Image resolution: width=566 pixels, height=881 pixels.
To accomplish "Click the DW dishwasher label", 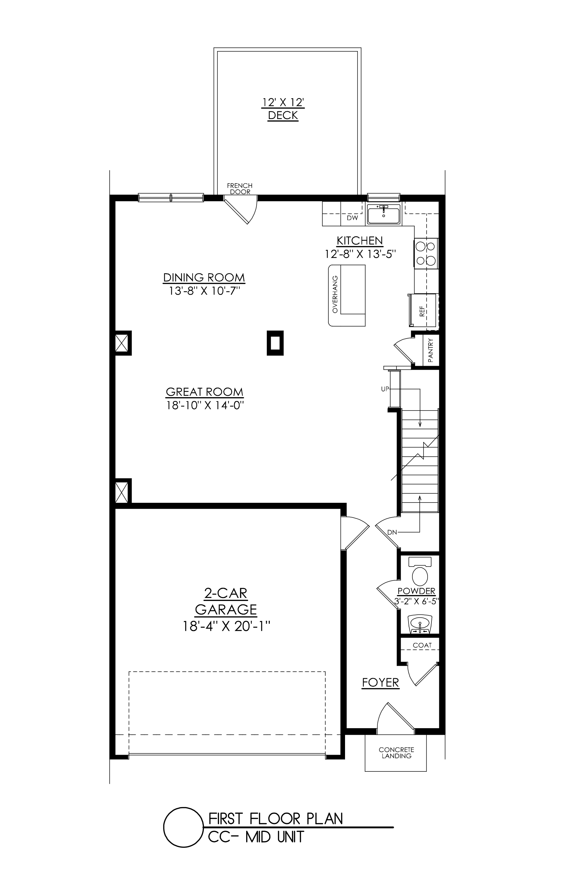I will (352, 218).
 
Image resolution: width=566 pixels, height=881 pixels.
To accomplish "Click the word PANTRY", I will (431, 350).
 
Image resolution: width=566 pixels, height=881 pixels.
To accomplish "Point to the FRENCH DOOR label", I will (240, 189).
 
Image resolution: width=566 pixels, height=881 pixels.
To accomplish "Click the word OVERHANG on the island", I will (335, 294).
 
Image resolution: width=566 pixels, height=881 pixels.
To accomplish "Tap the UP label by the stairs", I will (385, 389).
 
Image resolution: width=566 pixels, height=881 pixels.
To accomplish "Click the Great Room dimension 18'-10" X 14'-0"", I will (205, 405).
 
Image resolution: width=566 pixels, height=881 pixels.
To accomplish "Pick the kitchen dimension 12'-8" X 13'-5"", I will (360, 254).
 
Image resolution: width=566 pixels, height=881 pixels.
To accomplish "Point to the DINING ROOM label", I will (204, 277).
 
